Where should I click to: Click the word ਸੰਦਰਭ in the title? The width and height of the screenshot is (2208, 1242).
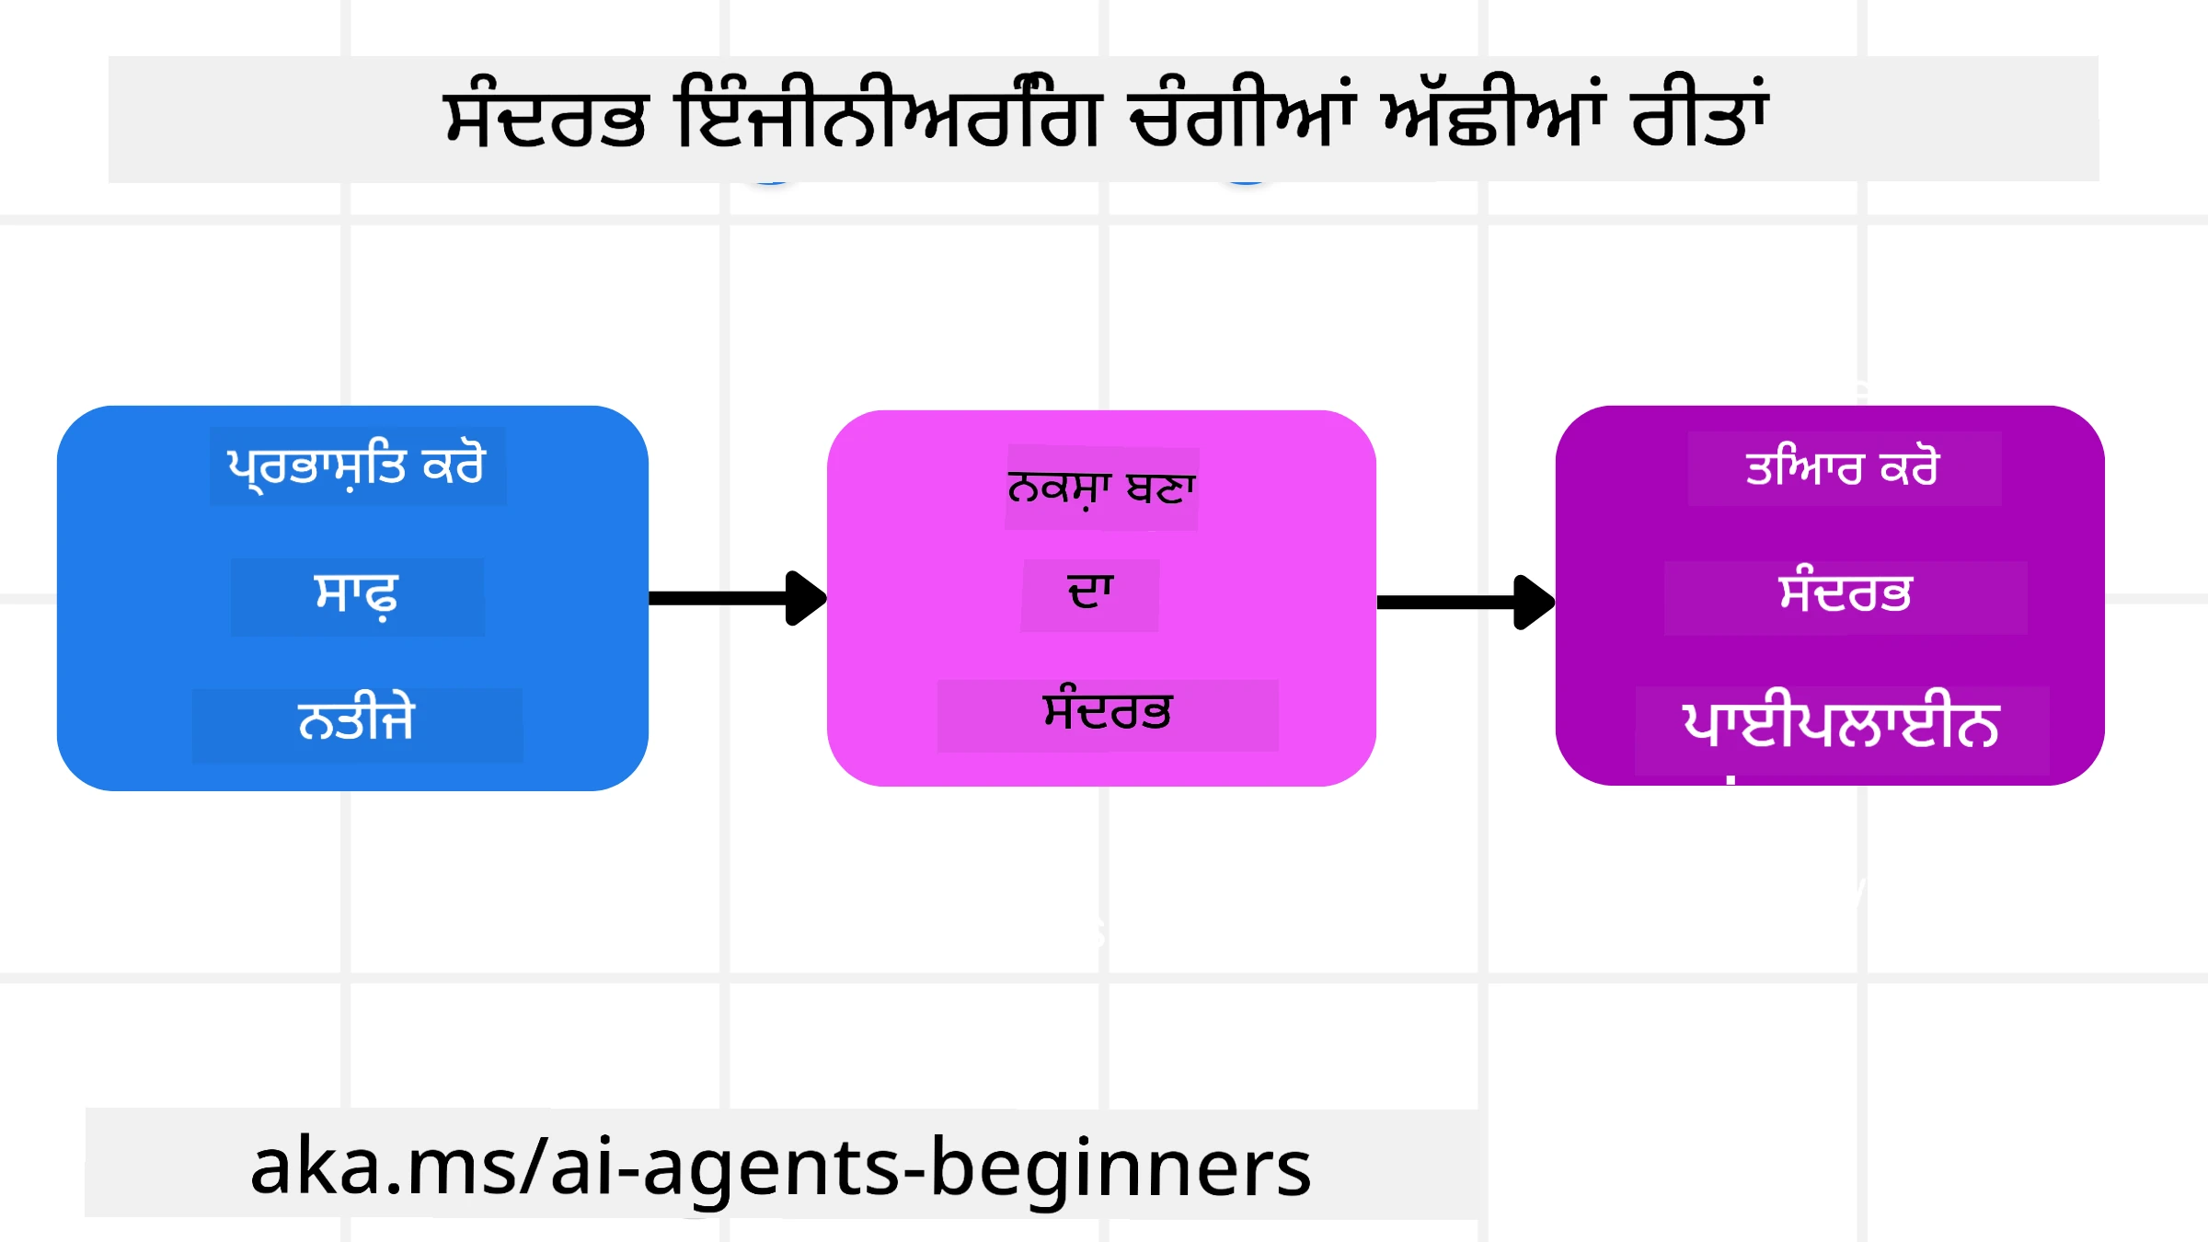(545, 120)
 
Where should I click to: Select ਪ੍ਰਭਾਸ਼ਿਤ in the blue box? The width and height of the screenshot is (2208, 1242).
(316, 467)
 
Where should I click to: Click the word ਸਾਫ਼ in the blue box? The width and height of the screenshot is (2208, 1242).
(357, 596)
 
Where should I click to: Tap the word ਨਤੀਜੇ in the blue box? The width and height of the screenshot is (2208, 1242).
(357, 719)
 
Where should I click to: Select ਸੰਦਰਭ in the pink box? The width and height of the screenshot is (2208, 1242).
(1108, 712)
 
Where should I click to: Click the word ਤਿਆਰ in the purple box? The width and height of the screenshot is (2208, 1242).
(1803, 468)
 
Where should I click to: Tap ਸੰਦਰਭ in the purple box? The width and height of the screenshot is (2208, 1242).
(1846, 593)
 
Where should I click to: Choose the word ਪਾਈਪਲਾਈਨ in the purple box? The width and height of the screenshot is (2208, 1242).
(1841, 725)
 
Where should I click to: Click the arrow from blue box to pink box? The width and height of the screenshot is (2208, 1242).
(736, 598)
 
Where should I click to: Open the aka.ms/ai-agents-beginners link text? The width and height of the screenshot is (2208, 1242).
(780, 1167)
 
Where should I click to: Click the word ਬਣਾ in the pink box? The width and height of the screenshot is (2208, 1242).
(1161, 489)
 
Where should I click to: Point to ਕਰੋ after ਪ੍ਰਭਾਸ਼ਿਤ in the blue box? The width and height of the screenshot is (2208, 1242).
(453, 466)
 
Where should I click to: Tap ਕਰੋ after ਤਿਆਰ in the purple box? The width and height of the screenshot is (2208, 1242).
(1909, 468)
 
